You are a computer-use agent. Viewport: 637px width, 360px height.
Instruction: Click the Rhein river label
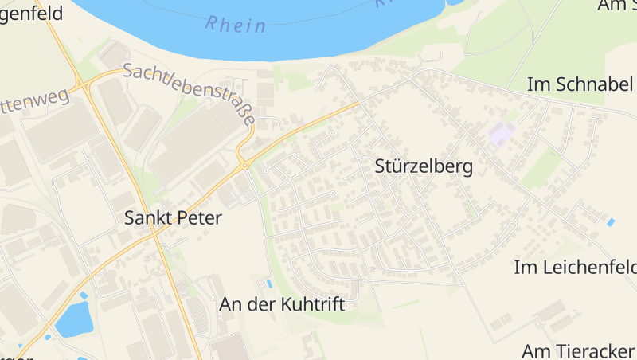tap(236, 25)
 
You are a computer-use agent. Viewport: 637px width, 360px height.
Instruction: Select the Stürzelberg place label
tap(423, 166)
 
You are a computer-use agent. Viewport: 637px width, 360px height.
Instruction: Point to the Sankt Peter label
tap(173, 217)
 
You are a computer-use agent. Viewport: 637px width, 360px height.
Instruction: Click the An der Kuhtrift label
tap(282, 305)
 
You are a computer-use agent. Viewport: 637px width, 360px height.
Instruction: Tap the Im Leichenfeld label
tap(575, 267)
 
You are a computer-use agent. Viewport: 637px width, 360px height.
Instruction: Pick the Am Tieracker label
tap(578, 350)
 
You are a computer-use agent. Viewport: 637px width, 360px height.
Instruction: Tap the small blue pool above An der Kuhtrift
tap(269, 284)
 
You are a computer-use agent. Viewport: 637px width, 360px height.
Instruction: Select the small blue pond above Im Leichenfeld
tap(611, 222)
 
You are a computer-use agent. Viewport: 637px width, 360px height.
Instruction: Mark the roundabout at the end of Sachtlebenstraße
tap(245, 164)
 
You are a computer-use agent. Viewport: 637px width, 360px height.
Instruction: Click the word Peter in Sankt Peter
tap(199, 217)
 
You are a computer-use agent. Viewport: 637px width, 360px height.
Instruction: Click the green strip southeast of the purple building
tap(541, 167)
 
